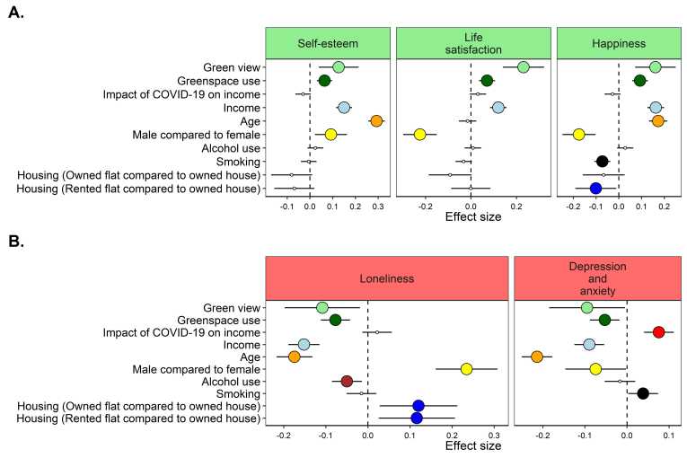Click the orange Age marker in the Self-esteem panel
coord(376,121)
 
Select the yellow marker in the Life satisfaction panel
coord(419,135)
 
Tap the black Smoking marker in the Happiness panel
coord(603,162)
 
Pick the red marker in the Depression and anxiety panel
coord(658,332)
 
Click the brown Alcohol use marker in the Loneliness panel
coord(347,382)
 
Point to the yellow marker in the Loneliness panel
coord(466,369)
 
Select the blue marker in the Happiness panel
coord(595,189)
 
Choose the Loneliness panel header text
coord(387,278)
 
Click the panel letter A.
coord(16,15)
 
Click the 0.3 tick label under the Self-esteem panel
coord(377,206)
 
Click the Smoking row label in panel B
coord(237,393)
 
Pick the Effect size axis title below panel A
coord(472,216)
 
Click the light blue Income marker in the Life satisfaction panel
coord(498,108)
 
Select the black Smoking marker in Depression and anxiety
coord(643,393)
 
